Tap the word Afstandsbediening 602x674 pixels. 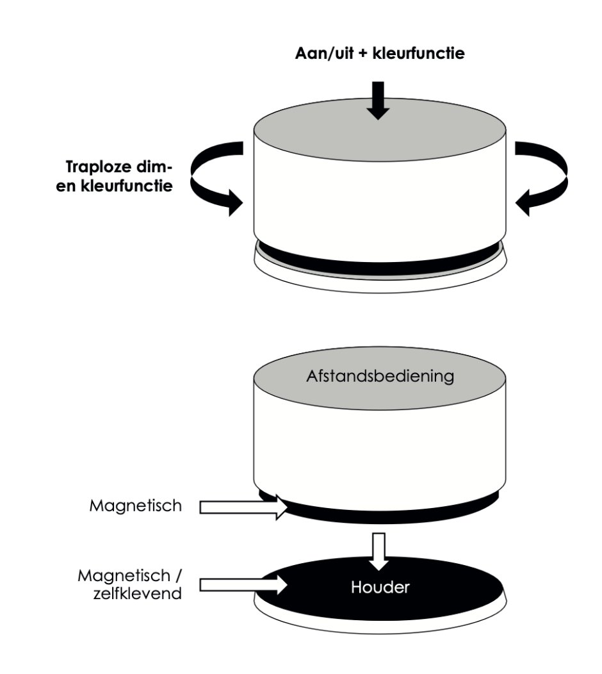[x=380, y=375]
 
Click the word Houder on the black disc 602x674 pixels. [x=380, y=587]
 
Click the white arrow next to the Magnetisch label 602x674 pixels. [x=243, y=507]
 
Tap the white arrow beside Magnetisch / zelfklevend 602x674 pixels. [x=243, y=584]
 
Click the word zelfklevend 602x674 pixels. [x=146, y=593]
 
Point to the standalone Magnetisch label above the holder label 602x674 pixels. [x=136, y=506]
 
